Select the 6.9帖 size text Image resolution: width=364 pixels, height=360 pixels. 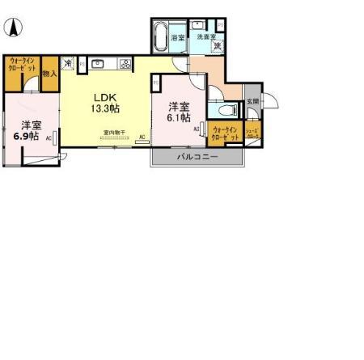(x=28, y=137)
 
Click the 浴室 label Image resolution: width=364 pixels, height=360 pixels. (x=177, y=37)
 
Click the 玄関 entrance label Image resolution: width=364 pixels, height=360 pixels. (x=252, y=101)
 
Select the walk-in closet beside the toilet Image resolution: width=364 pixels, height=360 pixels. (x=224, y=133)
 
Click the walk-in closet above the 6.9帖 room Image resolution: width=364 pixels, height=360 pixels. (x=22, y=67)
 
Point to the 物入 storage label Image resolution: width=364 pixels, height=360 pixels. (x=49, y=74)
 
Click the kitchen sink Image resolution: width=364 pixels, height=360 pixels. (x=97, y=62)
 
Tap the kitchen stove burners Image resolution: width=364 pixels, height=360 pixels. (x=125, y=63)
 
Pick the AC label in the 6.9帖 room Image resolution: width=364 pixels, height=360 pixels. (x=49, y=138)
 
